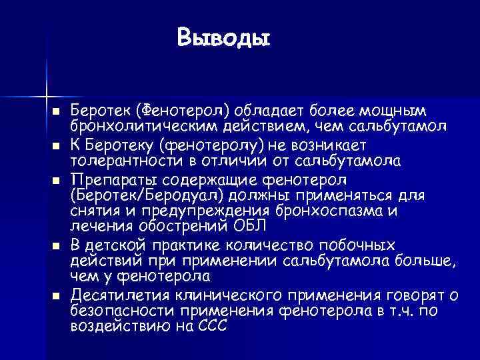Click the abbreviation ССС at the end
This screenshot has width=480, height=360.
click(x=212, y=327)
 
